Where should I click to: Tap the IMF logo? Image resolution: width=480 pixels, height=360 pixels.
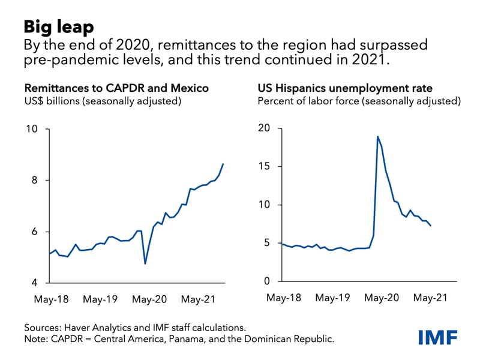pos(437,336)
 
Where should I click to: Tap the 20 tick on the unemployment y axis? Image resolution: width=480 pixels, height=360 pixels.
pos(264,128)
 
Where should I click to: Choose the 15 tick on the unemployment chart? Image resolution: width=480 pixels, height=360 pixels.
pos(265,167)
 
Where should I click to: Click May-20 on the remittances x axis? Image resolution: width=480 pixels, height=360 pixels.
pos(149,298)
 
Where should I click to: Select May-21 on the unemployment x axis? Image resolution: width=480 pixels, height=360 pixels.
pos(433,297)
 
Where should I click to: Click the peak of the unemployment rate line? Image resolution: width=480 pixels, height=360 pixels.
pos(378,136)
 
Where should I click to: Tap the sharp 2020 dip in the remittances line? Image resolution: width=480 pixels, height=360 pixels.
pos(145,263)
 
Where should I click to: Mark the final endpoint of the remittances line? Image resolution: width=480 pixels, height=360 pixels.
pos(223,164)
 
